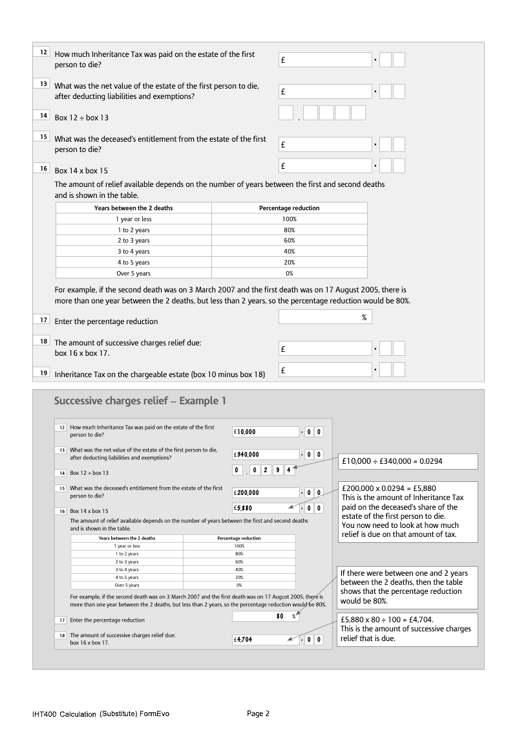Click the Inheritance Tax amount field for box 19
coord(325,370)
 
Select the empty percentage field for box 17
coord(325,317)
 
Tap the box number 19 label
coord(43,373)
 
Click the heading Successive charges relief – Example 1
coord(140,401)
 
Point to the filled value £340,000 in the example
coord(248,454)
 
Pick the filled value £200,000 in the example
coord(248,492)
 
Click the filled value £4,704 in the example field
coord(246,640)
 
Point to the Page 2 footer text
coord(258,714)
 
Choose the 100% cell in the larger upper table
coord(289,219)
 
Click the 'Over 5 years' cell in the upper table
coord(133,274)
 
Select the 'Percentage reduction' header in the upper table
coord(289,208)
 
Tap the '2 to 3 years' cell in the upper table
coord(133,241)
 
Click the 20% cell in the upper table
coord(289,263)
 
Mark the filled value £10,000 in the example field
coord(247,431)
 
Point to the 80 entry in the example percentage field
coord(280,616)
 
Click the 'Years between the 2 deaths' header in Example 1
coord(127,538)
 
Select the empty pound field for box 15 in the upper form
coord(325,144)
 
